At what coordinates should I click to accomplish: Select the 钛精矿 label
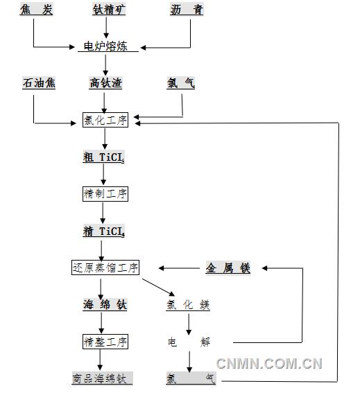[106, 10]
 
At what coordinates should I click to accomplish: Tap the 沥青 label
[186, 10]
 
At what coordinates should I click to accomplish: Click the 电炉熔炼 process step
[106, 47]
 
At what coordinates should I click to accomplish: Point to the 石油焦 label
[39, 83]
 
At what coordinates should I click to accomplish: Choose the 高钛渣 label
[105, 83]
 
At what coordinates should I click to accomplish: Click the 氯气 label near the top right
[181, 83]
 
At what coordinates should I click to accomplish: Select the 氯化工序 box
[105, 120]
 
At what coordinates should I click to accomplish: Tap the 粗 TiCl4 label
[104, 157]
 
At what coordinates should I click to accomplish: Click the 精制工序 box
[105, 194]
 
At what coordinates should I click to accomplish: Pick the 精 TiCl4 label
[104, 231]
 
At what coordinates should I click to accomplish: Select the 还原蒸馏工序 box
[105, 267]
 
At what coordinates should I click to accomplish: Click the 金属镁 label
[228, 268]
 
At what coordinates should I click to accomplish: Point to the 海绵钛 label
[105, 305]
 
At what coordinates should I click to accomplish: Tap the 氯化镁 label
[187, 305]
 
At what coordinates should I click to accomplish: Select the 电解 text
[188, 342]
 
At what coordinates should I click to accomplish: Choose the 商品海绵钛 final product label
[101, 379]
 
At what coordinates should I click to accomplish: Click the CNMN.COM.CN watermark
[269, 363]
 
